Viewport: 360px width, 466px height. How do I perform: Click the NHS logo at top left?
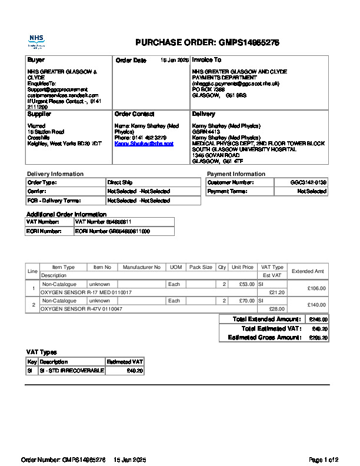pyautogui.click(x=36, y=41)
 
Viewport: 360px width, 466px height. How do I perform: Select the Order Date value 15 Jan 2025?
pyautogui.click(x=175, y=61)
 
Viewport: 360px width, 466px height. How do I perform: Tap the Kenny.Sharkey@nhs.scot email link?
pyautogui.click(x=144, y=144)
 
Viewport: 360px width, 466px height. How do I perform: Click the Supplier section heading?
pyautogui.click(x=39, y=114)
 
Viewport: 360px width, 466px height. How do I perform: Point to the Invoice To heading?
pyautogui.click(x=206, y=60)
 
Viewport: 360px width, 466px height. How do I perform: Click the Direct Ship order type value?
pyautogui.click(x=120, y=182)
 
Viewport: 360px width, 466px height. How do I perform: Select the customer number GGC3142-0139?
pyautogui.click(x=308, y=182)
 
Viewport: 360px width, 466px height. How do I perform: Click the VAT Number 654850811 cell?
pyautogui.click(x=103, y=222)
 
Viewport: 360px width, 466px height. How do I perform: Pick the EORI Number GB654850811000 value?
pyautogui.click(x=112, y=231)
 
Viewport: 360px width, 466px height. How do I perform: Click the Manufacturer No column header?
pyautogui.click(x=141, y=267)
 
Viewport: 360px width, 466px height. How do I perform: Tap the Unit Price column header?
pyautogui.click(x=242, y=267)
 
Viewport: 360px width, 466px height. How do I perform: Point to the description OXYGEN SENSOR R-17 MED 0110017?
pyautogui.click(x=86, y=292)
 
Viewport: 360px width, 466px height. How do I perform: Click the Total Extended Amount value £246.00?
pyautogui.click(x=318, y=319)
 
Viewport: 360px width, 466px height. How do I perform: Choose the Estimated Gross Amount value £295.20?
pyautogui.click(x=318, y=338)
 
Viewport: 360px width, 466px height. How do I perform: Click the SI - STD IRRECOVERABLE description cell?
pyautogui.click(x=71, y=371)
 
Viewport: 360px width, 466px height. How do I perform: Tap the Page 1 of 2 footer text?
pyautogui.click(x=324, y=460)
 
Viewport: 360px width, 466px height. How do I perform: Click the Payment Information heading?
pyautogui.click(x=236, y=174)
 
